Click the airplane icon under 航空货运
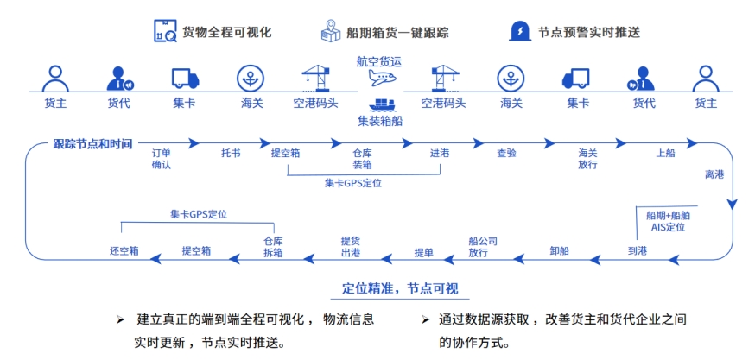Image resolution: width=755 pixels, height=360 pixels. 381,79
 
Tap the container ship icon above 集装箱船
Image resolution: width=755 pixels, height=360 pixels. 381,103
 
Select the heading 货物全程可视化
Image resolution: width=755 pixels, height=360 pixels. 226,32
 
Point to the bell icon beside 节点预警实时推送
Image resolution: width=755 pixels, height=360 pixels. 520,31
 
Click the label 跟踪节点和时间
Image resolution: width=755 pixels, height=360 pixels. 92,144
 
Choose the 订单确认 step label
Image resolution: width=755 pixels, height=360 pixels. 162,159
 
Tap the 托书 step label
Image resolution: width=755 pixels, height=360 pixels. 231,153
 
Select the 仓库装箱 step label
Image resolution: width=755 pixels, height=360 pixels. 362,159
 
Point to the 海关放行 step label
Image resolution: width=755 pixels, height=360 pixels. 587,159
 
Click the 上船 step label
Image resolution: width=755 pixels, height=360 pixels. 665,153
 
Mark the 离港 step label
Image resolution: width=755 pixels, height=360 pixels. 714,174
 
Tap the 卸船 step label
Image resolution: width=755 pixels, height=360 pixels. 559,251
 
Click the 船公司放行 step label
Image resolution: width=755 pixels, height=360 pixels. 478,247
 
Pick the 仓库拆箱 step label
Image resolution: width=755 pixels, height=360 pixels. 273,247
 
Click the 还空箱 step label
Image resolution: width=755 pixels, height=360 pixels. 124,251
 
